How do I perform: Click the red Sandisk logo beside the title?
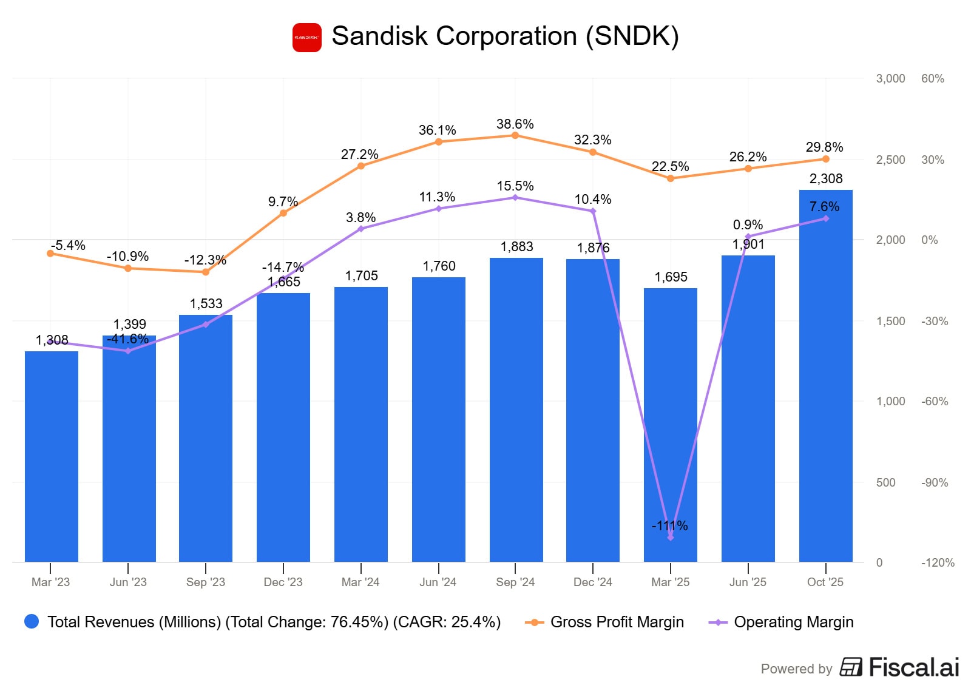306,38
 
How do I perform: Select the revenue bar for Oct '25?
825,376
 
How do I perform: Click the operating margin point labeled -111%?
671,538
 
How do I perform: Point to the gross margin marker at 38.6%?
515,135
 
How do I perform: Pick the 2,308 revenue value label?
826,178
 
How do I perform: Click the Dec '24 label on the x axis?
592,582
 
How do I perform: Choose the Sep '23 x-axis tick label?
205,582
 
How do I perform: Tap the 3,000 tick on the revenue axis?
890,78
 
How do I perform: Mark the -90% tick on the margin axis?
934,482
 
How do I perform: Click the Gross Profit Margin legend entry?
617,622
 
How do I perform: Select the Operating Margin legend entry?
793,622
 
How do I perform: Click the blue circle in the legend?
32,621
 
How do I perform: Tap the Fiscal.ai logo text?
913,667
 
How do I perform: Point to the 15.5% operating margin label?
515,186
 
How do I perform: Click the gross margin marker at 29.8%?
826,159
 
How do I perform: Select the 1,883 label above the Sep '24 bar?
516,246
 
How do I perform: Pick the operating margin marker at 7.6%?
826,218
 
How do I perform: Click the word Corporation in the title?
506,36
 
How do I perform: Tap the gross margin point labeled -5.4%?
50,254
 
